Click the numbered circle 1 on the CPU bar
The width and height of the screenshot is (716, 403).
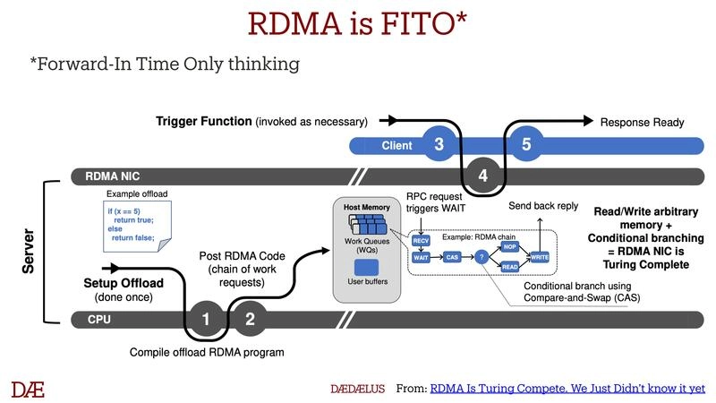point(207,319)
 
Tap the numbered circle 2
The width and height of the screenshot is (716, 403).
point(250,319)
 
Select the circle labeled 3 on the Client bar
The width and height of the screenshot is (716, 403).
point(439,144)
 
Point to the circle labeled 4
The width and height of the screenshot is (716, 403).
point(483,176)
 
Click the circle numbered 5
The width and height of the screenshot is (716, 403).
point(526,144)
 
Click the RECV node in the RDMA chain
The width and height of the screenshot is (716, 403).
point(420,240)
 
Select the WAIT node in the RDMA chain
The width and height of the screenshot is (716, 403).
point(420,258)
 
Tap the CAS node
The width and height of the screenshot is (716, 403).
point(453,258)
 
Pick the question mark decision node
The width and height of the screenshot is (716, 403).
point(482,258)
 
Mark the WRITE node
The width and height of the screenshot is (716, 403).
point(539,257)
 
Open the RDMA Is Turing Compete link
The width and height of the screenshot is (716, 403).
point(567,389)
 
